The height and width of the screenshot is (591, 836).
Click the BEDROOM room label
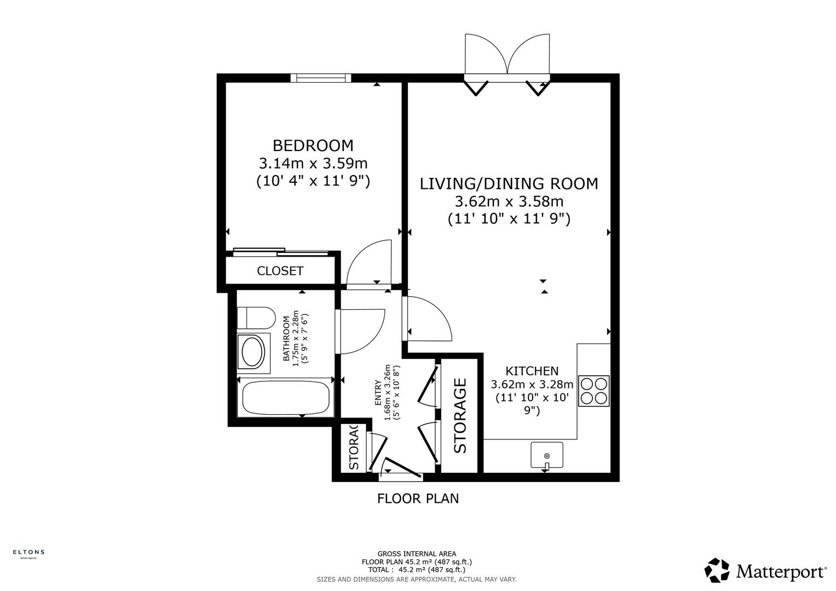(313, 146)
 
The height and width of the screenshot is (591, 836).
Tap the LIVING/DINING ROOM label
(509, 184)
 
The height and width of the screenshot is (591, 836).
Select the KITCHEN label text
(532, 371)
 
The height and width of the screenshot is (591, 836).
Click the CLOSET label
(280, 271)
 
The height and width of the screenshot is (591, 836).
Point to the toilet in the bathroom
(256, 317)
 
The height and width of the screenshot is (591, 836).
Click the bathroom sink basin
(252, 352)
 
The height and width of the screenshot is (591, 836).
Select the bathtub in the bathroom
(285, 397)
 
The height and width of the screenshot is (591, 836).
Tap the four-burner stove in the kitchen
(593, 391)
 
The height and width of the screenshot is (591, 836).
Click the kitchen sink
(546, 455)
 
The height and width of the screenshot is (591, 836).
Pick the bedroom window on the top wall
(320, 78)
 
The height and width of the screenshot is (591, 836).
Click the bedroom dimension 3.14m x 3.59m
(313, 163)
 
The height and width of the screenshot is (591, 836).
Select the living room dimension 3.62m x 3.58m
(509, 201)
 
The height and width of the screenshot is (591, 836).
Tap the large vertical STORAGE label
(460, 416)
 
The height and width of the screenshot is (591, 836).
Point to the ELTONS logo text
(28, 552)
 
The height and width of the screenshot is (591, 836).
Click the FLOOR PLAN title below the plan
(418, 499)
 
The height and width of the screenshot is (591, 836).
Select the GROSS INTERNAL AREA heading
(417, 554)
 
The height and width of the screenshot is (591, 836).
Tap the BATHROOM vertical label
(286, 339)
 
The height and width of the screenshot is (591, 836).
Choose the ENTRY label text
(378, 392)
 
